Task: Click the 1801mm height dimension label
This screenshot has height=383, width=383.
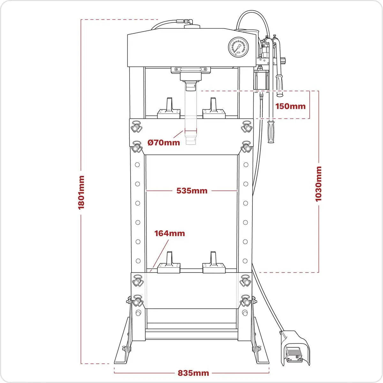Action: tap(81, 192)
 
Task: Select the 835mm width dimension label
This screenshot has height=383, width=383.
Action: tap(193, 373)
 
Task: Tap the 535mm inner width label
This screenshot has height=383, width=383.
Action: tap(192, 191)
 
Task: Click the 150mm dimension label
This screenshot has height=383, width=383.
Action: tap(290, 106)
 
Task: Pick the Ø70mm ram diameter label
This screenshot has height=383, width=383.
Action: tap(164, 142)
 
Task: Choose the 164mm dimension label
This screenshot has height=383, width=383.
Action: tap(169, 233)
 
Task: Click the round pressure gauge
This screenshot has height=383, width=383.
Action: tap(238, 48)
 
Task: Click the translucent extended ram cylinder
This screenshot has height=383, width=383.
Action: tap(191, 118)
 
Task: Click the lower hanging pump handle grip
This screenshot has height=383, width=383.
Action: tap(271, 132)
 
